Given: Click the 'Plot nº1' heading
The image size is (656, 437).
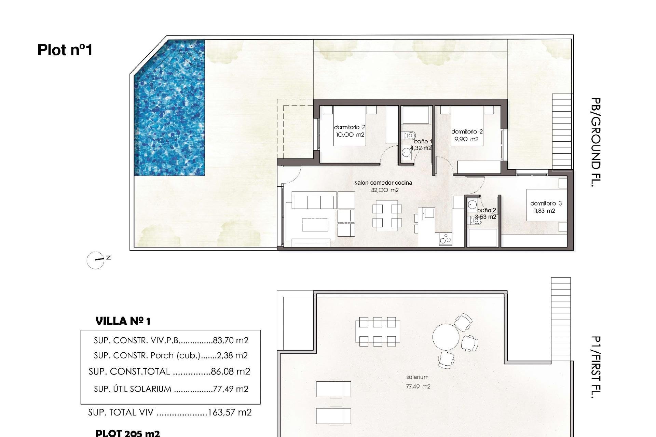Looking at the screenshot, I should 65,50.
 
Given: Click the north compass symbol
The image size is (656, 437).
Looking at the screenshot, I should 96,260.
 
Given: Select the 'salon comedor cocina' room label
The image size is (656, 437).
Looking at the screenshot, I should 383,183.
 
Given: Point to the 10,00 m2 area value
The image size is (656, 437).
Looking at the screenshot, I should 350,135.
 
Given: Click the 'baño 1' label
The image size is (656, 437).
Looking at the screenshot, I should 423,141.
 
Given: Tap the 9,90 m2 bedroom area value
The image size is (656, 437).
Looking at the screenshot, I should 466,139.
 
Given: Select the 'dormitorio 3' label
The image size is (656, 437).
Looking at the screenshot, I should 546,203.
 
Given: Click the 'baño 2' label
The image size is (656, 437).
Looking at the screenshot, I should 487,210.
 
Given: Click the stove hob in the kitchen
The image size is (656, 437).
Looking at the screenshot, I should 446,239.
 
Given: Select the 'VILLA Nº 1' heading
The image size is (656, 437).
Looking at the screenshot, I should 123,321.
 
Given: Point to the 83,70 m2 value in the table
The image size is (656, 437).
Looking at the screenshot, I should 231,340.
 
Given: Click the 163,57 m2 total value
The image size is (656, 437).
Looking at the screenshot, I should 230,412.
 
